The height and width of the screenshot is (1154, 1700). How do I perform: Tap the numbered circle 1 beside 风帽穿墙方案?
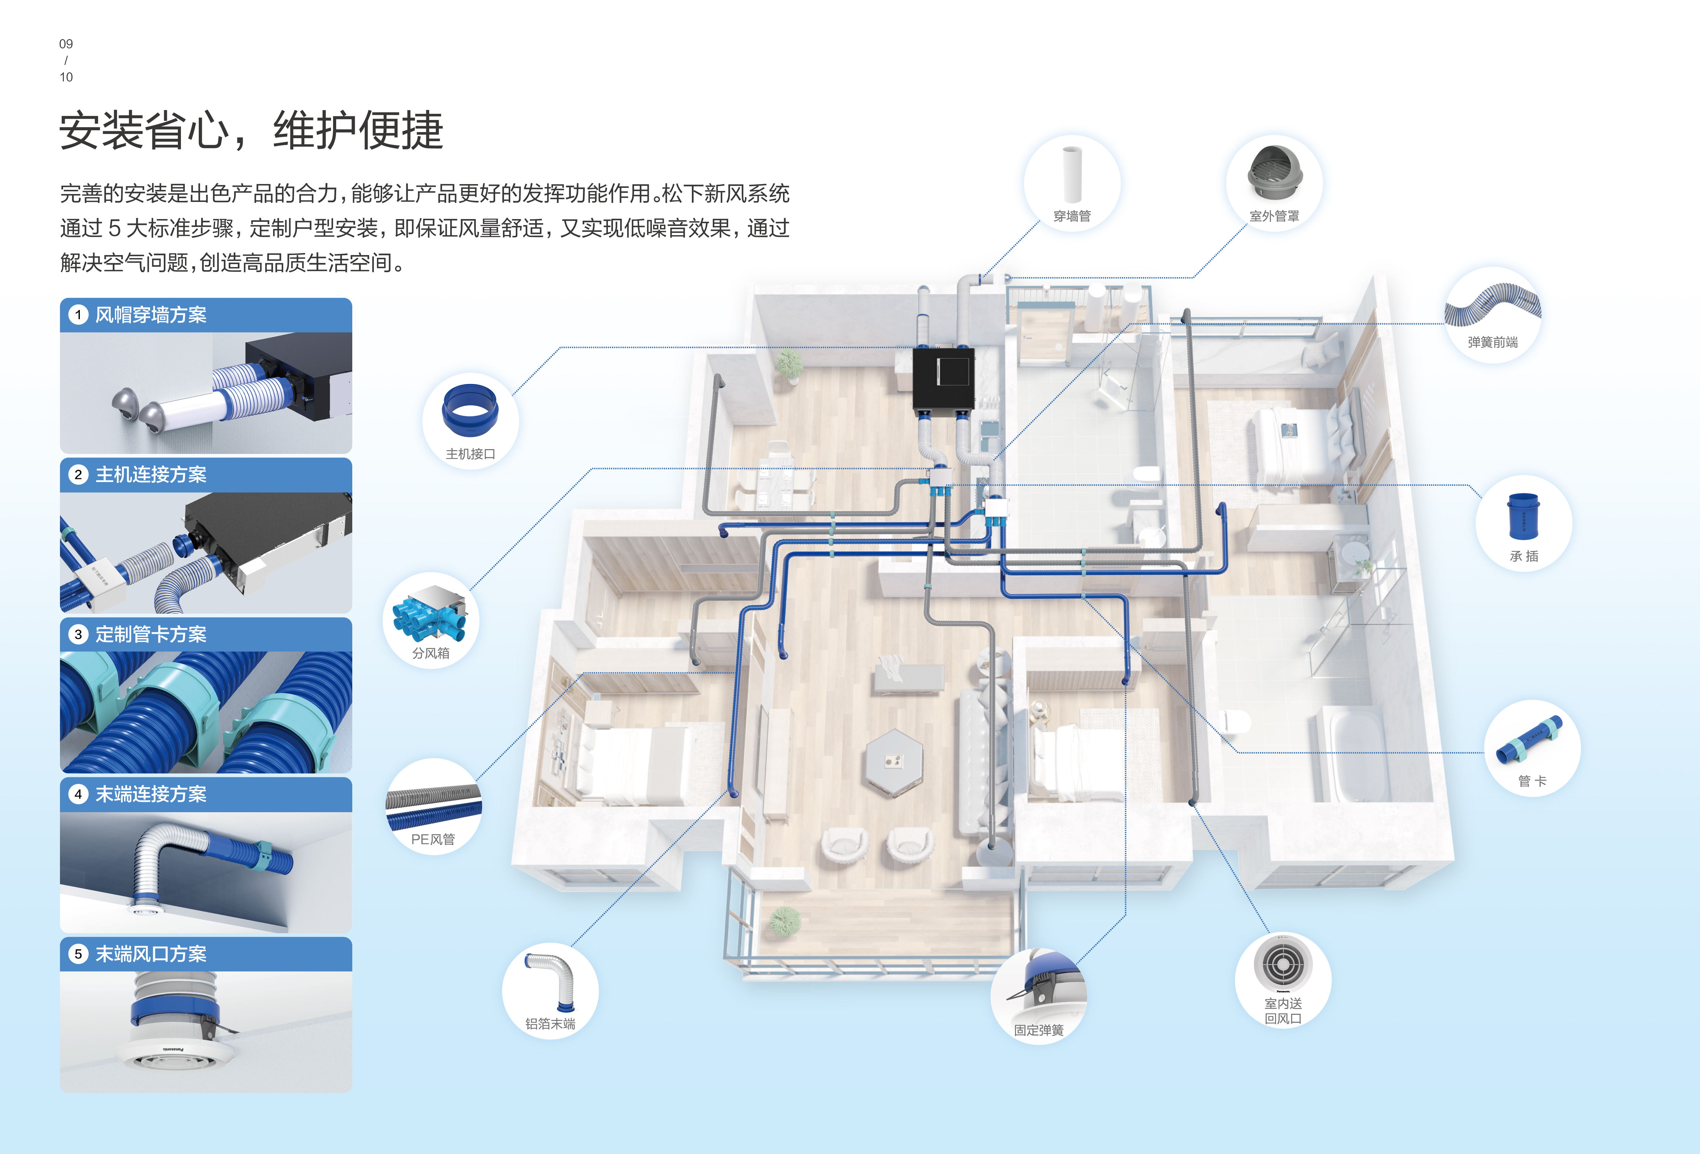77,315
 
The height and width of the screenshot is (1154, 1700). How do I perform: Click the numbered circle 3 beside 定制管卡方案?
77,635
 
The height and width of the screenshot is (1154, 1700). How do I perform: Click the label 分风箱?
430,653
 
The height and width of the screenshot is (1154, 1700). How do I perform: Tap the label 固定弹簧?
1038,1030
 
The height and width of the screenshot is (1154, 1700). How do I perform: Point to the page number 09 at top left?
66,44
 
